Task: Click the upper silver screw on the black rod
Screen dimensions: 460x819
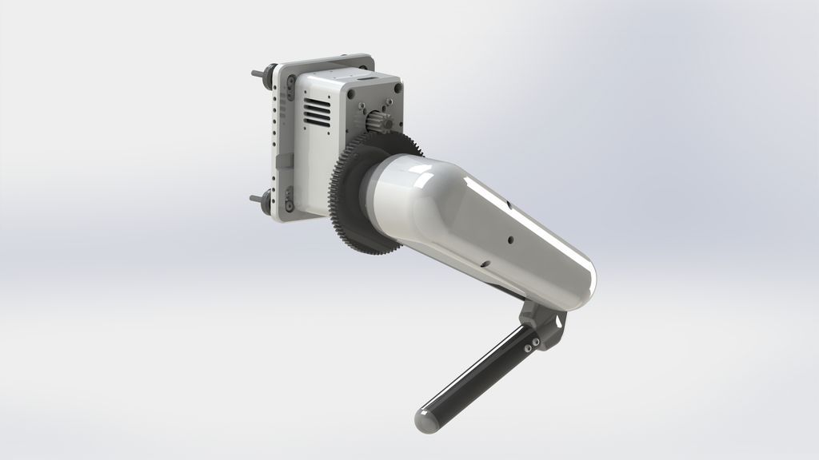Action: tap(532, 339)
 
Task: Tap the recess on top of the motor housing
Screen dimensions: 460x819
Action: tap(365, 79)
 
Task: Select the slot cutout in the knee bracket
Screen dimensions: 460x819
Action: tap(553, 320)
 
